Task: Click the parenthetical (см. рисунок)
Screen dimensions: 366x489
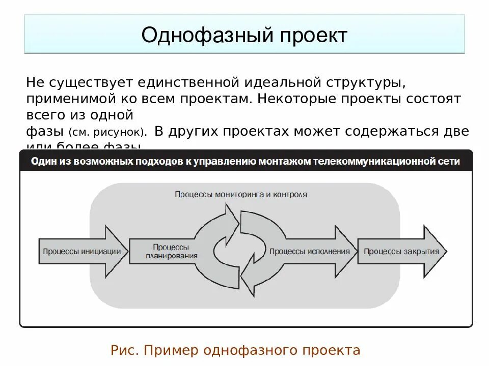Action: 108,132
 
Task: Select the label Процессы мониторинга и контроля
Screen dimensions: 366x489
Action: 241,194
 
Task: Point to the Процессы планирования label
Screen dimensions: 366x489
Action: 171,251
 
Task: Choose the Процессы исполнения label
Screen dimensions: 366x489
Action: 310,251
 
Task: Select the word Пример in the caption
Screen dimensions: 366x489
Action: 172,350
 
